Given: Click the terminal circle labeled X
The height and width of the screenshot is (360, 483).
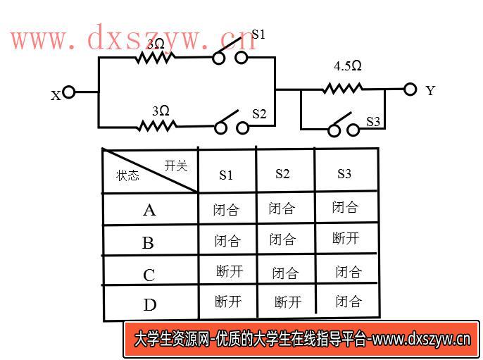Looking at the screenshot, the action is tap(68, 92).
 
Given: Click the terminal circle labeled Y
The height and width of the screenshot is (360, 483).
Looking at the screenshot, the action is tap(410, 89).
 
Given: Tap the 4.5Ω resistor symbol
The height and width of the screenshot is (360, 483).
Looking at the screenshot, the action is tap(343, 89).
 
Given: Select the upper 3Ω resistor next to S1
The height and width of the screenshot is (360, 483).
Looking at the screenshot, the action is tap(156, 57).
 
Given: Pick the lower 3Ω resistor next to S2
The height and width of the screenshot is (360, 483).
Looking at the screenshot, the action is tap(158, 125).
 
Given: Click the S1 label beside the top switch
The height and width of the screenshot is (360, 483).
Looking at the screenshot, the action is tap(258, 35).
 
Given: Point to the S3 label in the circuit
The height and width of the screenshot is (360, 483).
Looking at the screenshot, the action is tap(373, 122).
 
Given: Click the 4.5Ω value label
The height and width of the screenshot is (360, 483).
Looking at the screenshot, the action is tap(348, 66).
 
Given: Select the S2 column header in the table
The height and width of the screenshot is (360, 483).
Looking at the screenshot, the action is tap(282, 174).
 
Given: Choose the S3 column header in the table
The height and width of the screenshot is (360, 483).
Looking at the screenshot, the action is tap(344, 174).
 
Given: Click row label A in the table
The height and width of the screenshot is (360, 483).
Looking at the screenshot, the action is tap(149, 210).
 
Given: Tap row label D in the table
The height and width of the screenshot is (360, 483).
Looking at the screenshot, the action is tap(150, 305).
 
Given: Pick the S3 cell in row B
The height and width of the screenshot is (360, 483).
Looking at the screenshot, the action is tap(346, 238).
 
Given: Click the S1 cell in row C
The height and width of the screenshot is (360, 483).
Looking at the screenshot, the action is tap(230, 271).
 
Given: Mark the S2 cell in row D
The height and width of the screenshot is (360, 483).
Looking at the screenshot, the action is tap(288, 302).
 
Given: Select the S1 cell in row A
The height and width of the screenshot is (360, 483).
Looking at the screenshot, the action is tap(227, 210).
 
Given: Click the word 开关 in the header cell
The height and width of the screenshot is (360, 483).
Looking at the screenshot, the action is tap(176, 166).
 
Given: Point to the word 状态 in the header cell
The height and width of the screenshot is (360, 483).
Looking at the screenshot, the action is tap(128, 175).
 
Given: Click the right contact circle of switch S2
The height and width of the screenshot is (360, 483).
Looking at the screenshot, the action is tap(243, 128).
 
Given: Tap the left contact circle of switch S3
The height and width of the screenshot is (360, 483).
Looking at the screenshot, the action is tap(334, 130).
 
